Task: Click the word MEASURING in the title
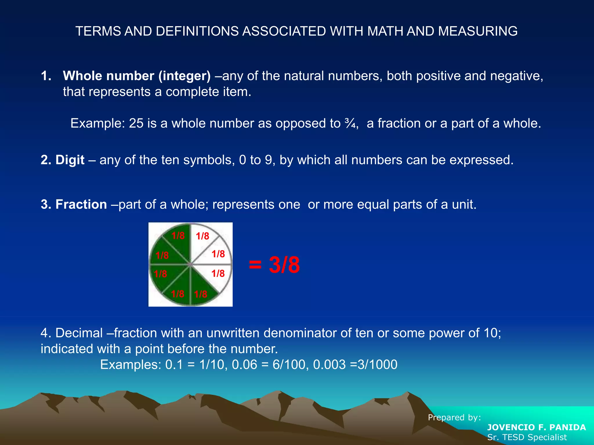(x=478, y=31)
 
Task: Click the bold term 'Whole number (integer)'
(x=137, y=76)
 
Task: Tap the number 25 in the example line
(x=136, y=123)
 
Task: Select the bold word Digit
(x=70, y=160)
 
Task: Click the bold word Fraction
(x=81, y=205)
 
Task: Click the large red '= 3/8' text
(x=274, y=265)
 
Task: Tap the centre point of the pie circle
(x=190, y=264)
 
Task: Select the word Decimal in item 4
(x=79, y=333)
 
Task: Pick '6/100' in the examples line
(x=290, y=364)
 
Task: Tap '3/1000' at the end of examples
(x=377, y=364)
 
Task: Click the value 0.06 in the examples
(x=245, y=364)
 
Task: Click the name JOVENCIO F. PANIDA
(x=536, y=427)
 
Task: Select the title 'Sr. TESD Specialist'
(x=527, y=437)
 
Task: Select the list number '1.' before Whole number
(x=46, y=76)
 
